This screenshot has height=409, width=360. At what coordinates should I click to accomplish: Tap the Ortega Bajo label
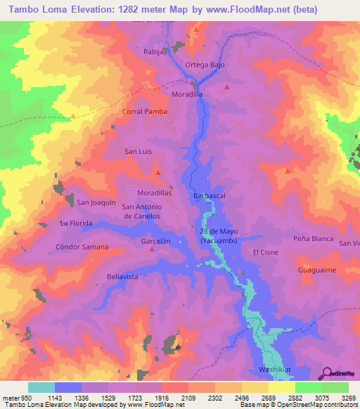tap(204, 65)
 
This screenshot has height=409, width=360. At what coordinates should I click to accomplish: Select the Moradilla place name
tap(187, 93)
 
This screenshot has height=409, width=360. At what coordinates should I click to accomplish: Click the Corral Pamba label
tap(143, 112)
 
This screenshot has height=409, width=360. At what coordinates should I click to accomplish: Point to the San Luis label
tap(138, 151)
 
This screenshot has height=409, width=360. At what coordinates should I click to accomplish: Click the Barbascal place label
tap(207, 196)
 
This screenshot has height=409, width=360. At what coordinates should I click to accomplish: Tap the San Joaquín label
tap(96, 202)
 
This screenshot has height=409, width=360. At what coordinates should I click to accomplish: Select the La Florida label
tap(77, 223)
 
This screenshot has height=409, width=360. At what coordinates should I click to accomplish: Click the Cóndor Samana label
tap(82, 247)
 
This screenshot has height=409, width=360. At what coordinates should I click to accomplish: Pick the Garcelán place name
tap(156, 240)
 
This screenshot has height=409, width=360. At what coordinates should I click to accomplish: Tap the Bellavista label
tap(122, 277)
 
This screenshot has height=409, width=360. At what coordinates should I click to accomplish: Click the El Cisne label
tap(266, 252)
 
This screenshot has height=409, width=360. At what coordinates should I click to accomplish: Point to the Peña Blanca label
tap(313, 239)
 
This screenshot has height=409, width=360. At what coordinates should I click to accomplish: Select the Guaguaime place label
tap(316, 269)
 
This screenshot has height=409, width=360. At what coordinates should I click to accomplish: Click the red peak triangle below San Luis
tap(158, 172)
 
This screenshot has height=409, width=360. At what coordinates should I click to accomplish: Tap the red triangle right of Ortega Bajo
tap(227, 87)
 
